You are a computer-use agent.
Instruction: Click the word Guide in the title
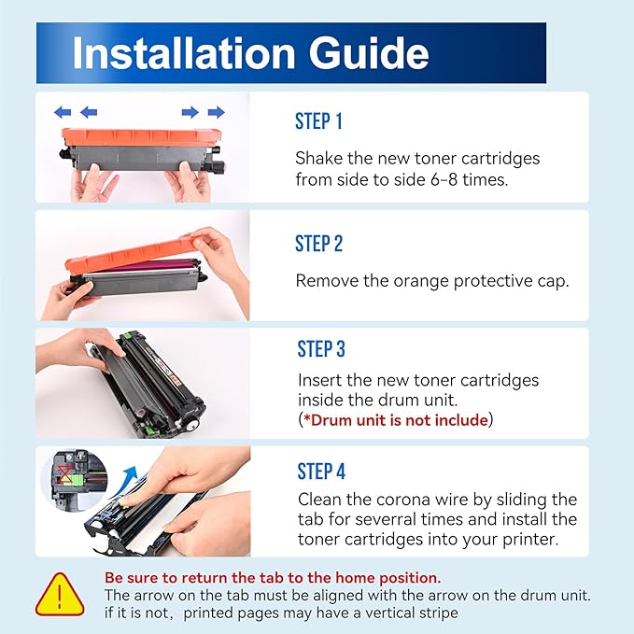pos(369,53)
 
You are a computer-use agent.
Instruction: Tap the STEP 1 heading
pos(318,121)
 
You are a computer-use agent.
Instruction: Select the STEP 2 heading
pos(319,244)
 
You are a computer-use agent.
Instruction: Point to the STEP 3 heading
pos(321,349)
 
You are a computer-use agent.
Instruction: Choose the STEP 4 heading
pos(321,471)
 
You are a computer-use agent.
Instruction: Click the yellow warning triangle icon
pos(60,595)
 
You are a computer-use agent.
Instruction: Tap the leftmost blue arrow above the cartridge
pos(63,112)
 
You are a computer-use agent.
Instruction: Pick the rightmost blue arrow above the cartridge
pos(217,112)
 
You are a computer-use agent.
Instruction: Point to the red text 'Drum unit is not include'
pos(399,420)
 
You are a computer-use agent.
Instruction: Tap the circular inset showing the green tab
pos(74,478)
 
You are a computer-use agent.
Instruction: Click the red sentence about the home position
pos(273,578)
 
